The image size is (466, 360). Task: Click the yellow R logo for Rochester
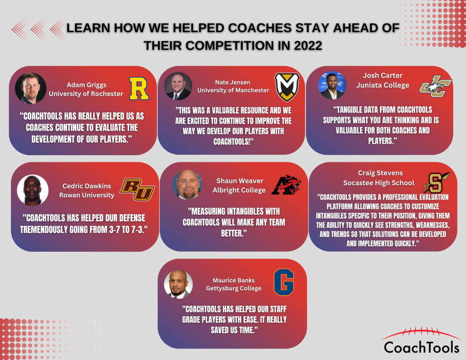click(139, 89)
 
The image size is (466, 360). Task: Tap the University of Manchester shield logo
click(287, 87)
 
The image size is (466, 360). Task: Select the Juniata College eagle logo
click(436, 86)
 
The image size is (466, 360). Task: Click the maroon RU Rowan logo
click(137, 189)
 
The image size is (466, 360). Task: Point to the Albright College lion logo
click(286, 185)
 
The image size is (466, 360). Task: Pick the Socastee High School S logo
click(436, 183)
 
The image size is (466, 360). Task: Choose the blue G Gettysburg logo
click(284, 282)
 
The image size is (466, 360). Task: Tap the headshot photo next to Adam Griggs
click(30, 88)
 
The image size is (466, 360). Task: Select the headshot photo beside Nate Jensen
click(178, 86)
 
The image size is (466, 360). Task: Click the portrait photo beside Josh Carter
click(332, 85)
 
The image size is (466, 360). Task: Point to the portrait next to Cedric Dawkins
click(33, 190)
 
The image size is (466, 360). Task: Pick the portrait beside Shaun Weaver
click(187, 185)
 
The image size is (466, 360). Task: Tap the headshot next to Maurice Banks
click(178, 284)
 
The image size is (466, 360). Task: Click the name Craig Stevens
click(380, 173)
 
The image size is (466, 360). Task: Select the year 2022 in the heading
click(308, 46)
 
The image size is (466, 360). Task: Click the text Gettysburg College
click(233, 289)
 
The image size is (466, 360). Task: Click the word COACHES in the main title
click(260, 28)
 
